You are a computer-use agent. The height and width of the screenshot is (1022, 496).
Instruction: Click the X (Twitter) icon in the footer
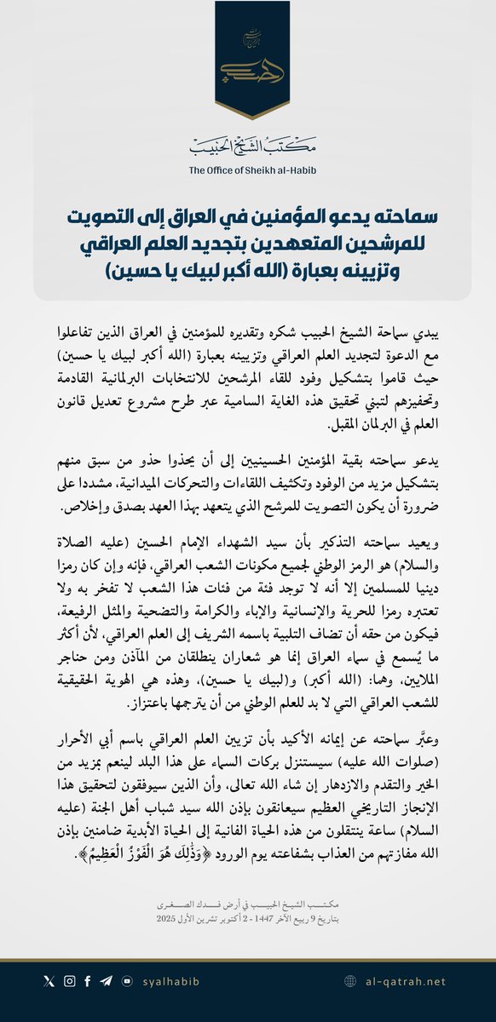49,981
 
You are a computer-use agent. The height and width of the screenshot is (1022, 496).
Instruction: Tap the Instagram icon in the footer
69,981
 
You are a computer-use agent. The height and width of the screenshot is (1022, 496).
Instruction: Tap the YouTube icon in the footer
127,981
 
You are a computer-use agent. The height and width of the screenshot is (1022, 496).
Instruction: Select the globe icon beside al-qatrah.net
350,981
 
